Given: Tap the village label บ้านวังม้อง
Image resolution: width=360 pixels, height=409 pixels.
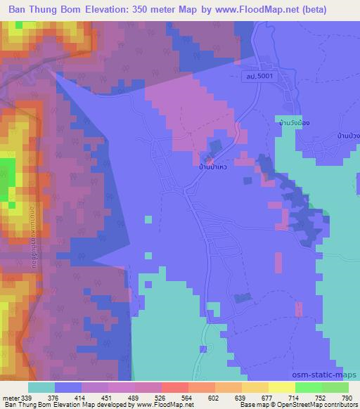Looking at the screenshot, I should tap(294, 122).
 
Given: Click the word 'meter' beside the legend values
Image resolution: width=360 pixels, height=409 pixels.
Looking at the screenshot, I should tap(11, 398).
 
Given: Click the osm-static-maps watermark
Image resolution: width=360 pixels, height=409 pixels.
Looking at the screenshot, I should tap(330, 374).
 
